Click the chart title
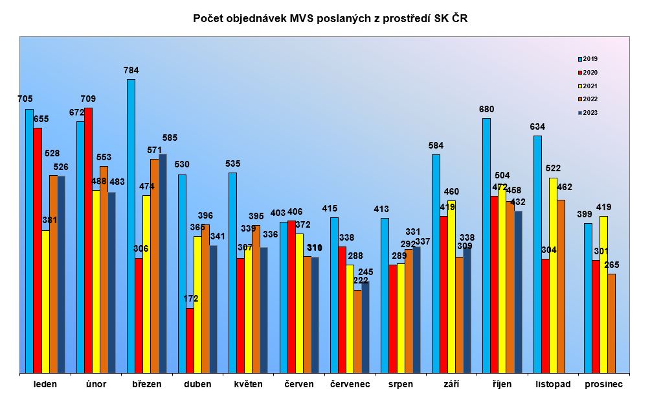point(330,19)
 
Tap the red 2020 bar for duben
point(190,341)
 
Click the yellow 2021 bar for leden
point(45,302)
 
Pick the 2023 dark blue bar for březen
point(162,263)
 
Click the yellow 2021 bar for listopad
point(553,275)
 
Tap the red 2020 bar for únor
point(88,240)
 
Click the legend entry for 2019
point(588,58)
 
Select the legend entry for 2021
point(588,86)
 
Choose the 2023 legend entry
point(588,113)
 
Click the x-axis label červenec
point(350,384)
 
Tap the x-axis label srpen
point(400,384)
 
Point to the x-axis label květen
point(249,384)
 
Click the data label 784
point(131,70)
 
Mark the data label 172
point(190,299)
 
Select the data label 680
point(486,109)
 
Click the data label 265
point(612,265)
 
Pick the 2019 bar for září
point(436,263)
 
